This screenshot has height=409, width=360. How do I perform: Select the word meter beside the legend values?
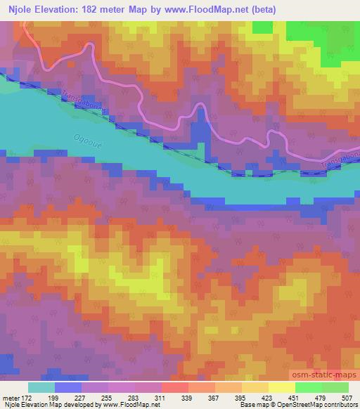click(x=10, y=398)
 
